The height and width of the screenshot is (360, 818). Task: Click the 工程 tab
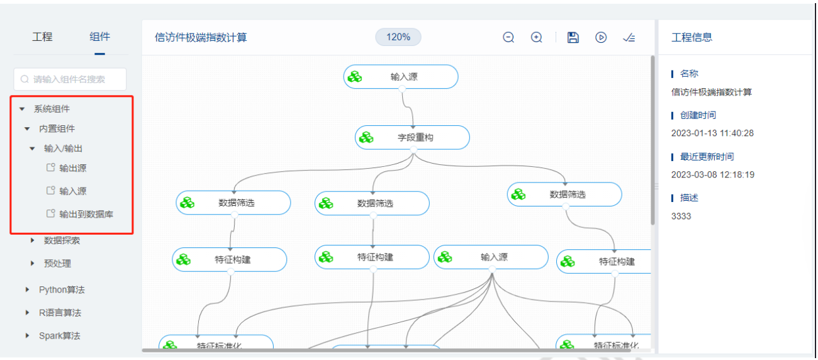point(42,37)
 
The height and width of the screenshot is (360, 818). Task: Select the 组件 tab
point(99,37)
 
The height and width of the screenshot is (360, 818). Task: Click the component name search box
point(70,79)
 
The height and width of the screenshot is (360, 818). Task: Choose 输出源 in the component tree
point(72,168)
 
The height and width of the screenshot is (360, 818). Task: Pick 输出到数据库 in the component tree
point(86,214)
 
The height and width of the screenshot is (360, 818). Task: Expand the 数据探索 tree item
point(61,240)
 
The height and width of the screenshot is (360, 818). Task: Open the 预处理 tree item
point(57,264)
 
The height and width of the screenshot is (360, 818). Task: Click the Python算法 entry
point(61,290)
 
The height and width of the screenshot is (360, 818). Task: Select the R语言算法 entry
point(60,313)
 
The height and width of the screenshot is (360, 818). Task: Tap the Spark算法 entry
point(59,335)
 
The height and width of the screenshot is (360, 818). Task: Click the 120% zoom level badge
point(398,37)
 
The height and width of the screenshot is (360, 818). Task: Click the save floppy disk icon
point(573,37)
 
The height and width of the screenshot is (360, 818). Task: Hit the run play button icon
point(601,37)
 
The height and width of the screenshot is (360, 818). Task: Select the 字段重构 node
point(413,137)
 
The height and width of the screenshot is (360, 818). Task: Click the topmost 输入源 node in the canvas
point(401,77)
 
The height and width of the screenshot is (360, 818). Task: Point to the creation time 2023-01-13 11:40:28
point(712,133)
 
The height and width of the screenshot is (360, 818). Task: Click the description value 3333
point(681,216)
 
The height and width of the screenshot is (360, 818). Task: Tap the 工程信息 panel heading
point(692,37)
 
